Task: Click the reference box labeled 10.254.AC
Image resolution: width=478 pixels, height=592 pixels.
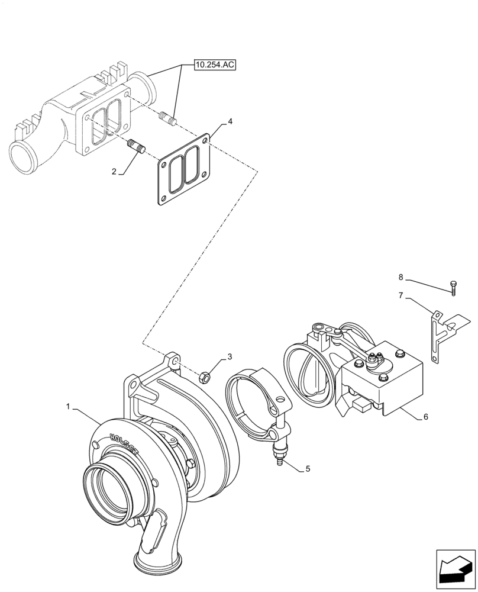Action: coord(214,65)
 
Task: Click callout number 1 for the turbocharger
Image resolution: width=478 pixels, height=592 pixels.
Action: coord(69,407)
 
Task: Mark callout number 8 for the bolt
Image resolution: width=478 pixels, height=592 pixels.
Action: coord(401,276)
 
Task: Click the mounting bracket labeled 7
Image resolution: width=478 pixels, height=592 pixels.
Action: coord(439,334)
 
